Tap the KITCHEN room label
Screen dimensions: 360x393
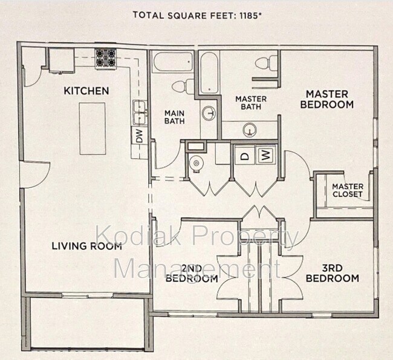[86, 91]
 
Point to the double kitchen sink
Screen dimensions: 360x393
[140, 109]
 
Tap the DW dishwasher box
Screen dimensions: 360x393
[138, 137]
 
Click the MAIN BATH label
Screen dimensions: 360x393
[174, 117]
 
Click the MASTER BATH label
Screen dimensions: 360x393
[247, 103]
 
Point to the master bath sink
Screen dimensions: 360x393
[249, 129]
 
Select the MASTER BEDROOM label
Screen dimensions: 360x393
[326, 99]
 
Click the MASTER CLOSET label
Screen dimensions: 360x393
[347, 190]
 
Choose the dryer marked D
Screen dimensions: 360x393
[245, 155]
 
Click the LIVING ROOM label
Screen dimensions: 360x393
[86, 246]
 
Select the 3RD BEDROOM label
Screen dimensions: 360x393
[332, 273]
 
